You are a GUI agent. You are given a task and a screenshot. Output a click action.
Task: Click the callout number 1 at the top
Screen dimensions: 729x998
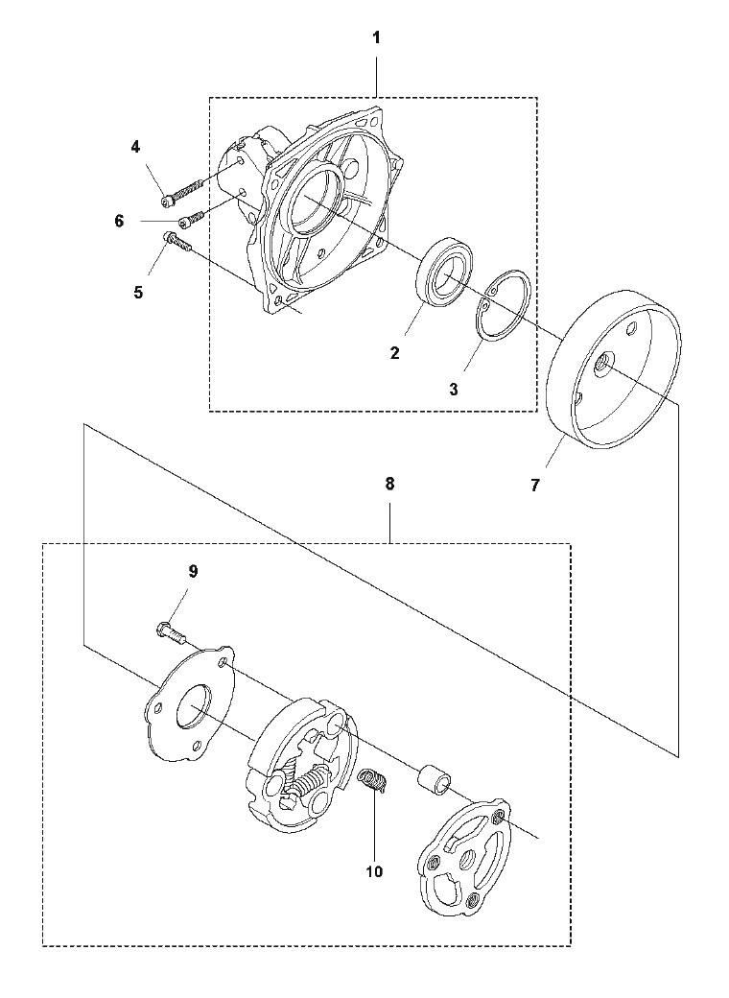point(376,38)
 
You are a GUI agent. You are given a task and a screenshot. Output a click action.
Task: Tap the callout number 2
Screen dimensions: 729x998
point(395,353)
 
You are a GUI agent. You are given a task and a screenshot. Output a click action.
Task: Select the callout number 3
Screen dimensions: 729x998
point(454,390)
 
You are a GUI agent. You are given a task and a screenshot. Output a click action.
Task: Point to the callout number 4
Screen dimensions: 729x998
point(135,147)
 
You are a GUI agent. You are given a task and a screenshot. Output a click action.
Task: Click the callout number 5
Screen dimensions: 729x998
point(138,293)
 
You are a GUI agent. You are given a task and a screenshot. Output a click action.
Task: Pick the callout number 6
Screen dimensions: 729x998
point(119,221)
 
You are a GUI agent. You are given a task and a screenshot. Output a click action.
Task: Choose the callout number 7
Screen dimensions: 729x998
point(534,486)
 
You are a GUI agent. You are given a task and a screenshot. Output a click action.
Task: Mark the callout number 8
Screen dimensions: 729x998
point(389,484)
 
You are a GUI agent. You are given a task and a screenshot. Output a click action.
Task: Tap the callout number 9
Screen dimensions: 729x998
point(193,571)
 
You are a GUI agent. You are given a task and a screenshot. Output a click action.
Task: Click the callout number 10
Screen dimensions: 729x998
point(375,871)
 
